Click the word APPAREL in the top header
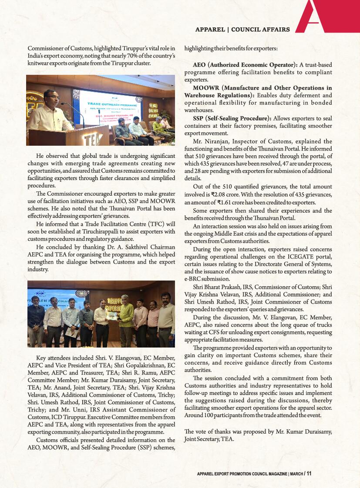[x=209, y=30]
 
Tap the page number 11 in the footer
[x=309, y=474]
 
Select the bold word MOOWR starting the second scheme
[x=207, y=88]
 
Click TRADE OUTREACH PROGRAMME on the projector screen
[x=112, y=105]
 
